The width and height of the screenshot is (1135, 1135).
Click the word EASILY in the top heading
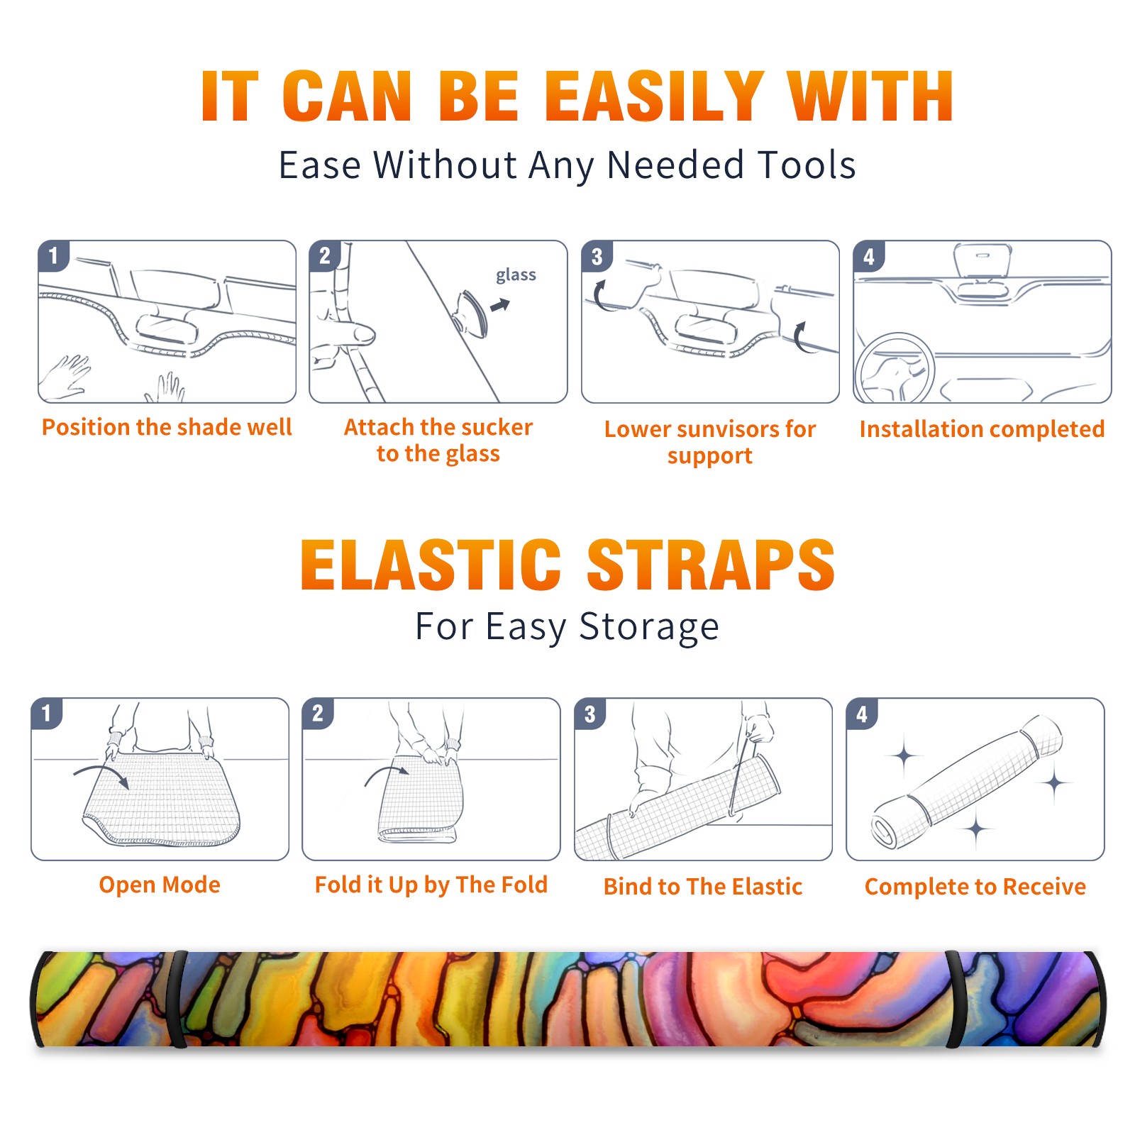654,96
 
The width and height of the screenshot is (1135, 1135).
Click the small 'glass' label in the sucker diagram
516,275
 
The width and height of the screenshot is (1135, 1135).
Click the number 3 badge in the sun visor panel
597,256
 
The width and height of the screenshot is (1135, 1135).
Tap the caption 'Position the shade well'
167,427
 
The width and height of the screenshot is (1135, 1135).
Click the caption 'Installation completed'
982,428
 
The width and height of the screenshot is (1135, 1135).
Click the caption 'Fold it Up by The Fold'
431,885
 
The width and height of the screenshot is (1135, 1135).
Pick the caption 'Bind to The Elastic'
703,886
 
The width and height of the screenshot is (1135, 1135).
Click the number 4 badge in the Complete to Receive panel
862,714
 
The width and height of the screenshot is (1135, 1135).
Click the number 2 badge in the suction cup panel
325,256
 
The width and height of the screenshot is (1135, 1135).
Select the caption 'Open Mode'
160,885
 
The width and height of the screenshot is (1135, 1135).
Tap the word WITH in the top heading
870,96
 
